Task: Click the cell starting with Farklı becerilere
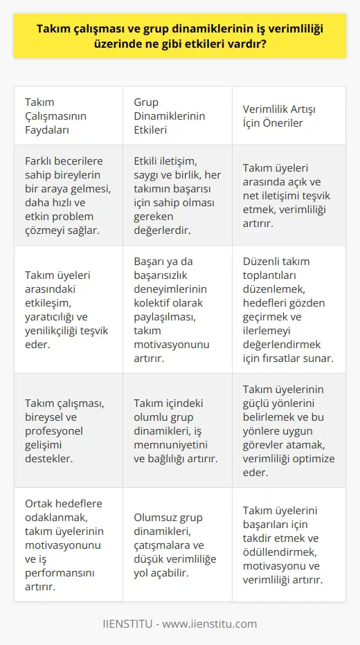(x=66, y=194)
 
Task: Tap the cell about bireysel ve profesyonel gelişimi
(x=66, y=430)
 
